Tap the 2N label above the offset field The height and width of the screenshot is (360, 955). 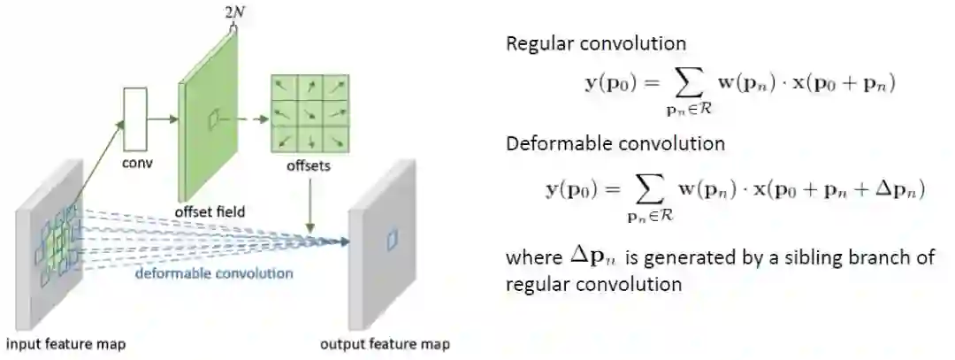click(234, 11)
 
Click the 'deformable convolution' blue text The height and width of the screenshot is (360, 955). click(214, 272)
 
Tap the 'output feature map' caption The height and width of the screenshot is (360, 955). click(385, 344)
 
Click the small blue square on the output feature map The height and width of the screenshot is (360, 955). click(393, 238)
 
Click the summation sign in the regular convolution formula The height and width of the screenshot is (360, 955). click(686, 84)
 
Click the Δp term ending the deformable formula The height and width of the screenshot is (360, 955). click(902, 190)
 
